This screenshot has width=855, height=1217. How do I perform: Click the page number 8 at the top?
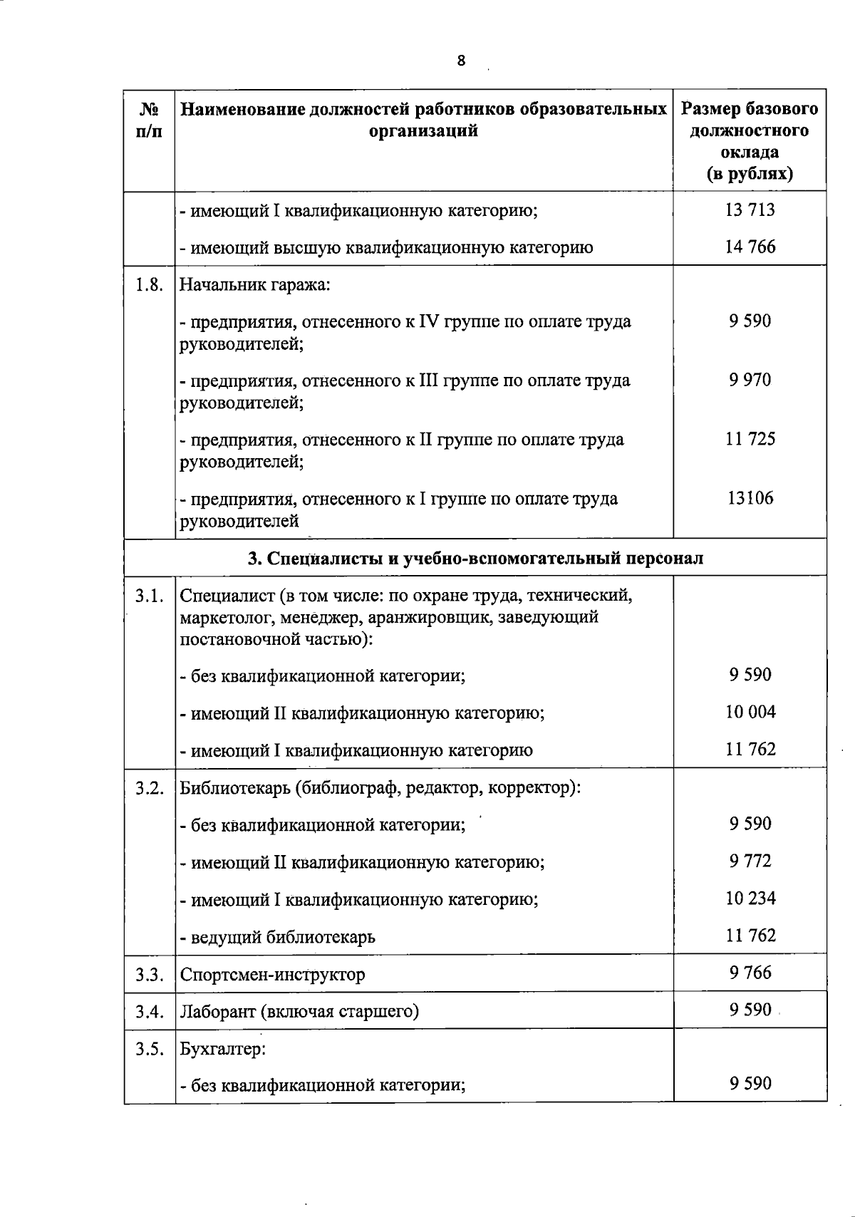(x=461, y=61)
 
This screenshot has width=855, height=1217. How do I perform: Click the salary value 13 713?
(x=750, y=210)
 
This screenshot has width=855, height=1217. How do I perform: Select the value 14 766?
(x=750, y=247)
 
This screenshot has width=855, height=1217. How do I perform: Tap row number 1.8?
(x=150, y=285)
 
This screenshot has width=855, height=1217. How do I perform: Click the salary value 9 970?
(x=750, y=380)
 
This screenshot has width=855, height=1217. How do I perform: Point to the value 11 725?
(x=750, y=439)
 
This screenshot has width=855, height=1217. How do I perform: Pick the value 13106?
(x=750, y=498)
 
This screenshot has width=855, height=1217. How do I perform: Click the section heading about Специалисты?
(x=475, y=558)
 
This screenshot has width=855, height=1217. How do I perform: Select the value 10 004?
(x=750, y=712)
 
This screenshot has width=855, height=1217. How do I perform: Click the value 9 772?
(x=750, y=861)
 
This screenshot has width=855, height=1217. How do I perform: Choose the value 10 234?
(x=750, y=898)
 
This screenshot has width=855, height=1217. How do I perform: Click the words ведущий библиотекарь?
(x=283, y=936)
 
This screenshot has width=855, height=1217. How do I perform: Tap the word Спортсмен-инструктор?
(x=272, y=974)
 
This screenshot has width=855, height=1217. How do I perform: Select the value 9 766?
(x=750, y=973)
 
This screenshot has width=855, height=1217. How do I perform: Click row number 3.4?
(x=150, y=1011)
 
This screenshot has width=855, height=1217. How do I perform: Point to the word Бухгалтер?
(x=222, y=1049)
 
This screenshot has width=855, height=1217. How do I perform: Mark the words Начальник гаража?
(x=254, y=285)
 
